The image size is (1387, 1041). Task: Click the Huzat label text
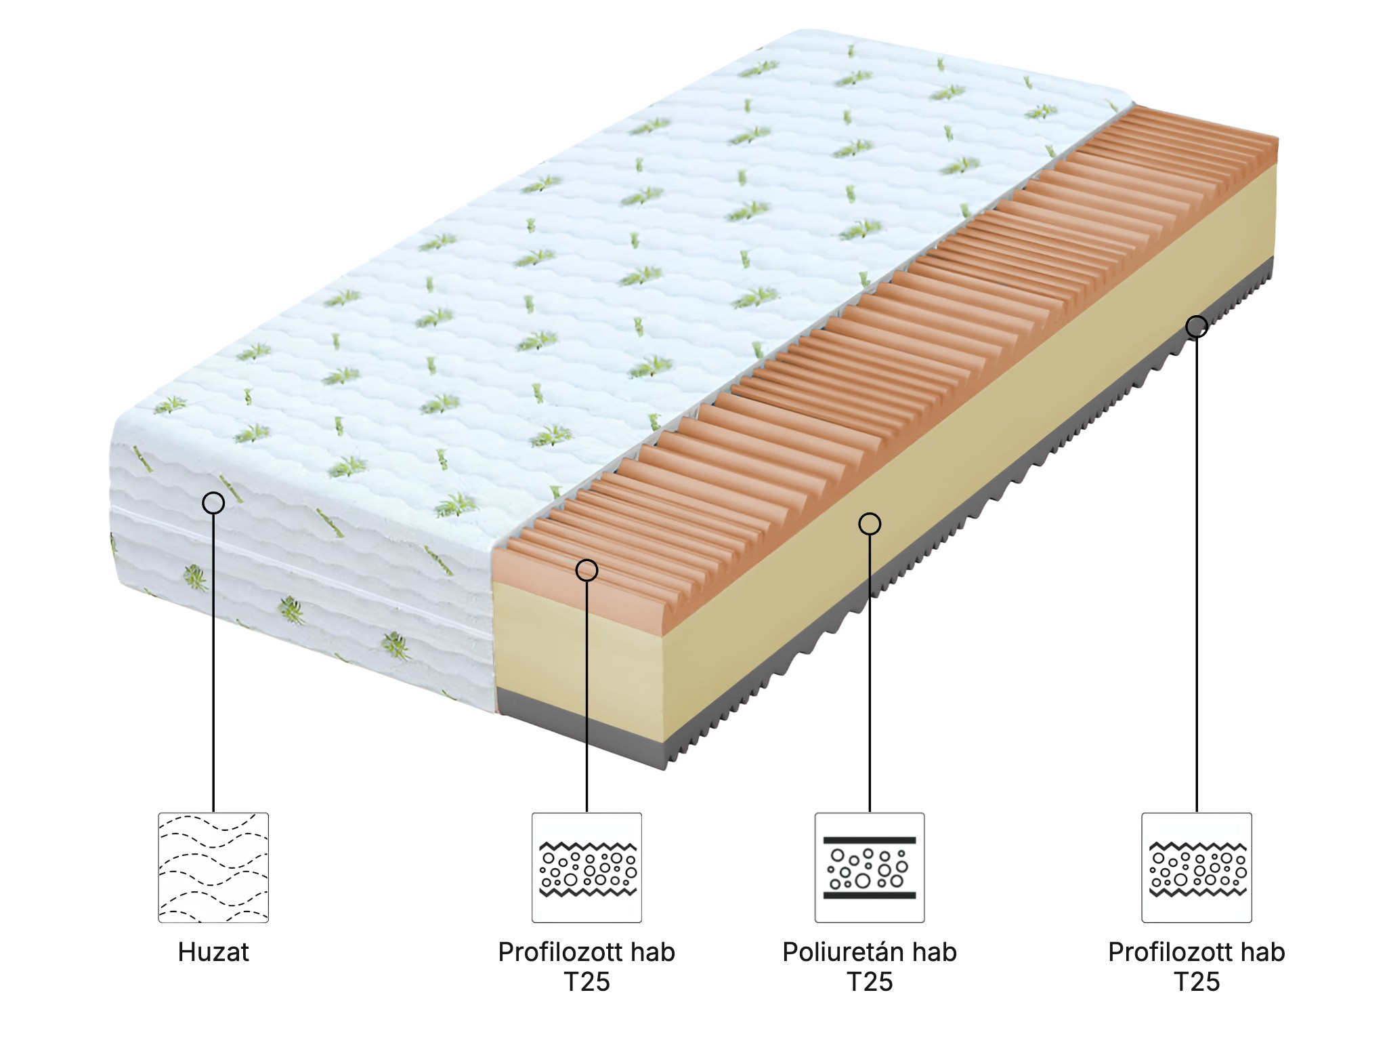(x=213, y=952)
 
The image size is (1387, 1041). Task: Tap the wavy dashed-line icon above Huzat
(x=213, y=867)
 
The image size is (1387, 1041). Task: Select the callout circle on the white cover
(x=213, y=503)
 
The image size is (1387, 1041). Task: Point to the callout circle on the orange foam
(x=586, y=571)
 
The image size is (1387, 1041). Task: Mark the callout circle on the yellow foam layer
(x=870, y=524)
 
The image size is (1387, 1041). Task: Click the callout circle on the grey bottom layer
(x=1197, y=327)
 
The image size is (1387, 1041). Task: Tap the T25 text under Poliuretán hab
(x=870, y=982)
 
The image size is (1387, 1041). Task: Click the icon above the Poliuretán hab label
(x=870, y=867)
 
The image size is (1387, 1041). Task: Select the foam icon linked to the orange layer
(x=586, y=867)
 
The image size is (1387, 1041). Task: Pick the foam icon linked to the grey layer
(x=1197, y=867)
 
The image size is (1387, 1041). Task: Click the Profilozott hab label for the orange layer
(x=586, y=952)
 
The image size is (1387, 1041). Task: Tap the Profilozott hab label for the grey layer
(x=1197, y=952)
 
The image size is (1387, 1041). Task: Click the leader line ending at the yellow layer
(x=870, y=678)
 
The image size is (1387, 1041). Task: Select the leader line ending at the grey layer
(x=1197, y=576)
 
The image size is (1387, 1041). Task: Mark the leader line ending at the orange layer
(x=586, y=698)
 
